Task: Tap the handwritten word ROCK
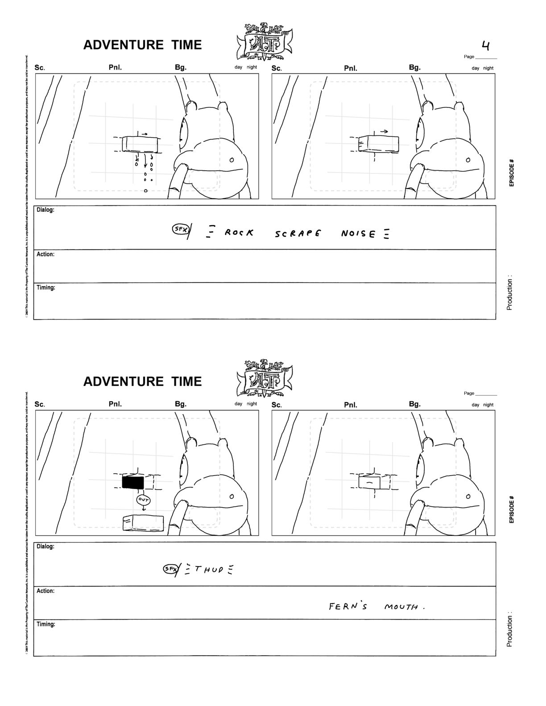click(x=239, y=232)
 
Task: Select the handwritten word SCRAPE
click(x=298, y=233)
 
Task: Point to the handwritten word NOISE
click(x=358, y=233)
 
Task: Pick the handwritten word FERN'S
click(x=348, y=606)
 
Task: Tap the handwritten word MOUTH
click(x=401, y=607)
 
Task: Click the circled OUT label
click(x=143, y=500)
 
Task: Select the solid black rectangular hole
click(x=133, y=482)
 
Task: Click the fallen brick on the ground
click(x=143, y=523)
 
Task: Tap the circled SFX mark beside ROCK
click(x=180, y=229)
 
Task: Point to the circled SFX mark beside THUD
click(x=170, y=569)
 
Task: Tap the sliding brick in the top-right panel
click(x=379, y=144)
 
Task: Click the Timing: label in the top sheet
click(x=46, y=288)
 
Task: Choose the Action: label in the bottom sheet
click(x=45, y=591)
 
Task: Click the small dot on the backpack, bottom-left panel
click(x=232, y=497)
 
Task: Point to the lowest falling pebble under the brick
click(x=145, y=191)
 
